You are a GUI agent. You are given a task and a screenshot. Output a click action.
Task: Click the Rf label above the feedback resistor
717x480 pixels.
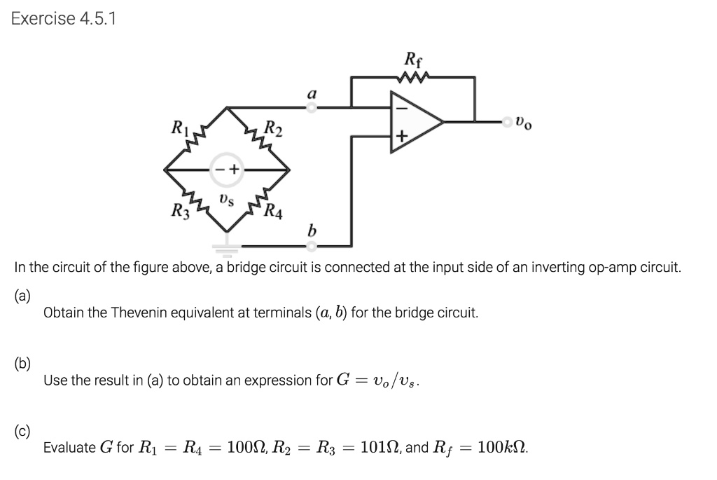[412, 58]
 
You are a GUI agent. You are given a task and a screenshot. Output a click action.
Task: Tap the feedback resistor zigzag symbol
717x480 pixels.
[412, 78]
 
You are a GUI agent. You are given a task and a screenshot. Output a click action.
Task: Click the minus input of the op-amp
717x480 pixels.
[402, 109]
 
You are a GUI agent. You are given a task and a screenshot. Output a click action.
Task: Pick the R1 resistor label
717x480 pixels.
[179, 128]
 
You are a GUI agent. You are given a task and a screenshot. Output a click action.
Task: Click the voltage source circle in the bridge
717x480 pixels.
[226, 169]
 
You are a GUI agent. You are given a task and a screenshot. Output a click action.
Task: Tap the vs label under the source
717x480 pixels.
[226, 199]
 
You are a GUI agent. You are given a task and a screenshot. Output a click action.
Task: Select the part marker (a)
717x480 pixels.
[22, 295]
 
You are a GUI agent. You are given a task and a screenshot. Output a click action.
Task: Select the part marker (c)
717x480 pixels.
[22, 430]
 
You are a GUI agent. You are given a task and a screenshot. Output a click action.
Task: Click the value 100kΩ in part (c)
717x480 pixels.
[503, 447]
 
